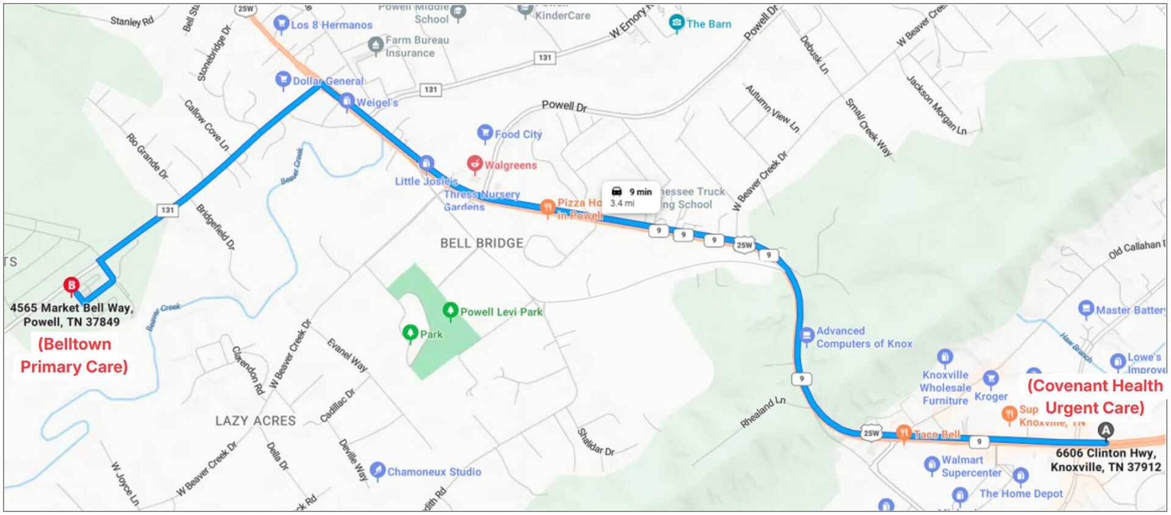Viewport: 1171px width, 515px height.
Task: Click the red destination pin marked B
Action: [71, 285]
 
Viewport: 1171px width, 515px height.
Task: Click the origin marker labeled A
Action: [1105, 430]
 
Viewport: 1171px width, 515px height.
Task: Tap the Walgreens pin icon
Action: [474, 164]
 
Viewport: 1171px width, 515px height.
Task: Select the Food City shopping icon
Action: [484, 132]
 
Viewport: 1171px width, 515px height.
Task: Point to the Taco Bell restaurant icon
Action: [904, 433]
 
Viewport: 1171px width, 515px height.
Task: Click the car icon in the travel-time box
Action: [617, 192]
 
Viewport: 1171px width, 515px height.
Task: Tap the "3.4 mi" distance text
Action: [622, 204]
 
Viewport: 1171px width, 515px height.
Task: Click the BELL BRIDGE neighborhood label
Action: [482, 243]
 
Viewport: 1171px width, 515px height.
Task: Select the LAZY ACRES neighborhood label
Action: [255, 420]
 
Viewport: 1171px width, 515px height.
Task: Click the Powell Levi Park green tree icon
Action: [450, 311]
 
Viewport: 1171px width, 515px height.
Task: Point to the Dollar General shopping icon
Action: [282, 79]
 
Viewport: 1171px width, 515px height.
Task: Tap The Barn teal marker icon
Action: [676, 23]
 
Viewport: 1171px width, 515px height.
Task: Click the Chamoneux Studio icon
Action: [378, 470]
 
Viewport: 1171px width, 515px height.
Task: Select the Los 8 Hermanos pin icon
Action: [281, 23]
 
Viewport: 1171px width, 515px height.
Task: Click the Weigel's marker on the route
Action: [346, 101]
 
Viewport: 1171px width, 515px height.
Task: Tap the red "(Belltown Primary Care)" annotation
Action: [74, 355]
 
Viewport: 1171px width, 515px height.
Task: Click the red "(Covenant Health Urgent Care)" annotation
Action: [1095, 397]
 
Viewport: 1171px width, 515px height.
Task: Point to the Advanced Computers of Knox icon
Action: [806, 335]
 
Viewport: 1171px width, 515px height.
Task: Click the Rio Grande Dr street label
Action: [147, 156]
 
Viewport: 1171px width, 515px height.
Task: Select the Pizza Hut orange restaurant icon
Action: [547, 207]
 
